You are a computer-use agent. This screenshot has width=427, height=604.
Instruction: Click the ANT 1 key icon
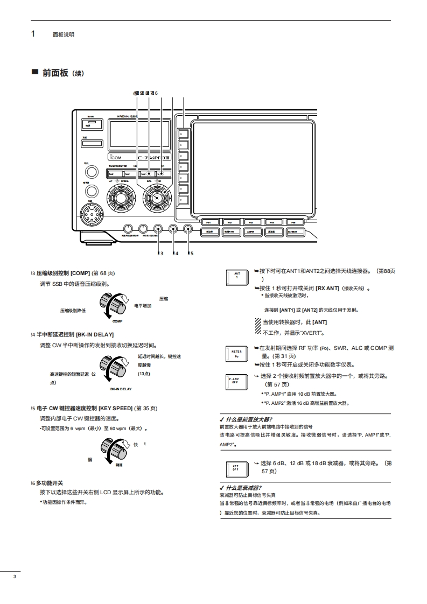coord(237,277)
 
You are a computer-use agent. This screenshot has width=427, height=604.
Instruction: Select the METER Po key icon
coord(237,353)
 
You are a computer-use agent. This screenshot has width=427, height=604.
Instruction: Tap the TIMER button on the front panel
coord(93,124)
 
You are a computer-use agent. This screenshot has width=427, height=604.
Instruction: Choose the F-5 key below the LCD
coord(293,222)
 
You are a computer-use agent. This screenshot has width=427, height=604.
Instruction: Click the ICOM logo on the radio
coord(118,158)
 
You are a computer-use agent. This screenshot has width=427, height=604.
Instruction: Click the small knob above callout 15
coord(188,228)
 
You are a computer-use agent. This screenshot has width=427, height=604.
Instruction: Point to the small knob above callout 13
coord(158,228)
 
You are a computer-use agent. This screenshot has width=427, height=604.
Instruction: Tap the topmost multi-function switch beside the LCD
coord(183,132)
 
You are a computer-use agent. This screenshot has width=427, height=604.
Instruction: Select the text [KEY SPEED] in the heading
coord(116,408)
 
